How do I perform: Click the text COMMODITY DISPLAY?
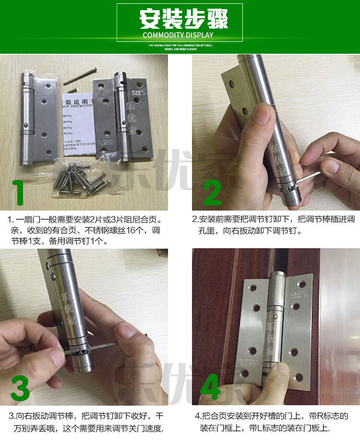(x=180, y=35)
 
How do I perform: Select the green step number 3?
(x=20, y=388)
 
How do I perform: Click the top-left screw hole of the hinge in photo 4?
(x=252, y=288)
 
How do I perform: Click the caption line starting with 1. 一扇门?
(x=86, y=220)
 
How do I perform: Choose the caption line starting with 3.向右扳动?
(x=86, y=416)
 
